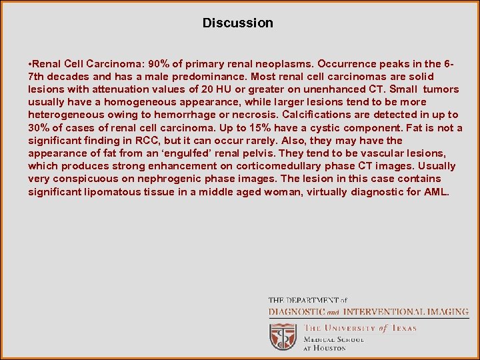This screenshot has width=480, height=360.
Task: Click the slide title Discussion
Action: (238, 23)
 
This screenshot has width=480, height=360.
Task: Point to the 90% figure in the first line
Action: (161, 64)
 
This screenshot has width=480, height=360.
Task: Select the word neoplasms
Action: (284, 64)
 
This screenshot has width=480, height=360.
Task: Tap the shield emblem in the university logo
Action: (283, 336)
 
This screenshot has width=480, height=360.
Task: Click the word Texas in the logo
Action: (403, 328)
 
